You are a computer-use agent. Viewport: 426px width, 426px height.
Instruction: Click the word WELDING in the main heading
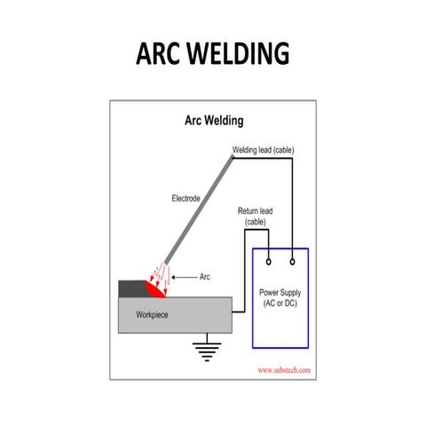click(241, 54)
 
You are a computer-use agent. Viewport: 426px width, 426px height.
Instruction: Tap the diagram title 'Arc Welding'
click(214, 119)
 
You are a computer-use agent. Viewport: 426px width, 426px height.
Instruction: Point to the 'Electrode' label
click(186, 199)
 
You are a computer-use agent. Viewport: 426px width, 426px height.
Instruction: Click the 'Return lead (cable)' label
click(255, 216)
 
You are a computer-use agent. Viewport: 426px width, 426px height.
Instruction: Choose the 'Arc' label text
click(205, 276)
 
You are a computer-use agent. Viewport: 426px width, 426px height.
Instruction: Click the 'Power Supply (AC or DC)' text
click(280, 297)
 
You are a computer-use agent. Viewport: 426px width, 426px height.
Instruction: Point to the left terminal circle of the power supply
click(268, 262)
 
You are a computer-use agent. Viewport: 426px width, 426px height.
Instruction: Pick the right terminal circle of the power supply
click(293, 262)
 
